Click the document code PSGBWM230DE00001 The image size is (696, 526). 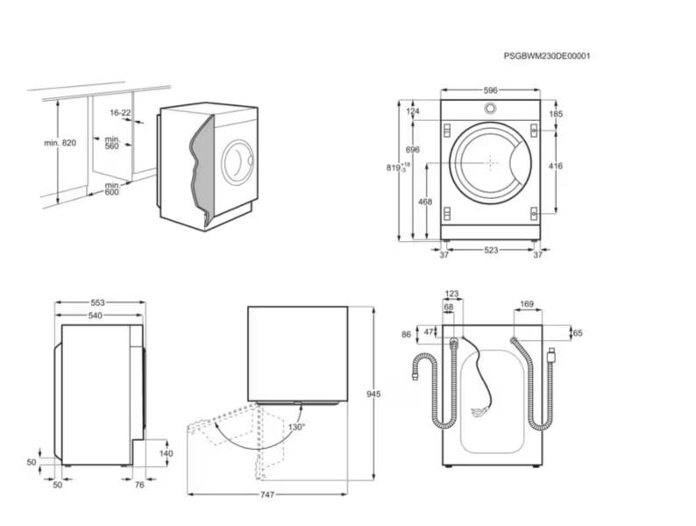[546, 56]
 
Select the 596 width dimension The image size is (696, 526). [490, 89]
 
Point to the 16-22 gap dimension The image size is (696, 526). [120, 113]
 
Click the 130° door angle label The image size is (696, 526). [296, 427]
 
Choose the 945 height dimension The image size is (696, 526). [373, 394]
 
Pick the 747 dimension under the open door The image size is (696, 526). [267, 494]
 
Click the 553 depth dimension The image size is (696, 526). [100, 302]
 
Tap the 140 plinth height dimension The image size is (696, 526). [166, 453]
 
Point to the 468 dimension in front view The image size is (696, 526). [425, 202]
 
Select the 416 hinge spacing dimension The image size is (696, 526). [556, 166]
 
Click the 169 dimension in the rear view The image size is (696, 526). [526, 305]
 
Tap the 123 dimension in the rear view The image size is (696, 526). [451, 295]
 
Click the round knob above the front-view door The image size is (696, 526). [490, 109]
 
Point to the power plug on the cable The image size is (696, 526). [479, 410]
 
